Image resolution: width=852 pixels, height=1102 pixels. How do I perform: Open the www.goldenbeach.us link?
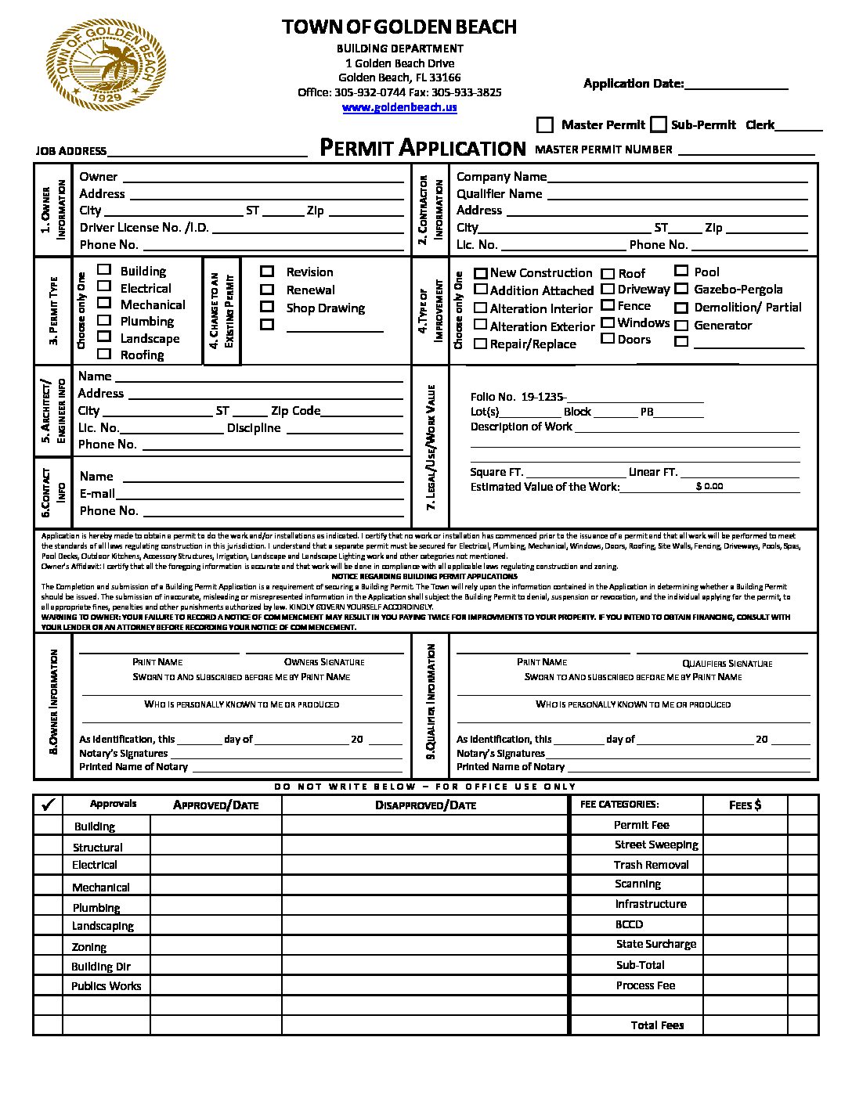coord(399,107)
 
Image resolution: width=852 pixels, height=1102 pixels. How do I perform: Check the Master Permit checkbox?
coord(545,125)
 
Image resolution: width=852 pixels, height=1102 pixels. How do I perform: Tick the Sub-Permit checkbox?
coord(659,124)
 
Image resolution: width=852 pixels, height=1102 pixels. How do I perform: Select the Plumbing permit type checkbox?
coord(104,320)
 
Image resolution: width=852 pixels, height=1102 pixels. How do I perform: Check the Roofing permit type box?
coord(104,354)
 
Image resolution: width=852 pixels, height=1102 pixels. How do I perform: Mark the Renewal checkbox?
coord(267,289)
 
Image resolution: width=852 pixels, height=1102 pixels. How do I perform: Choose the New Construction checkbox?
coord(481,272)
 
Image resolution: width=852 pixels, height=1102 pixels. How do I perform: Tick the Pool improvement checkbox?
coord(681,271)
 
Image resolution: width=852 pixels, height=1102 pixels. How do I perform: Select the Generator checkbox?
coord(681,325)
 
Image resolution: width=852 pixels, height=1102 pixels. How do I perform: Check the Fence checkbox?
coord(608,305)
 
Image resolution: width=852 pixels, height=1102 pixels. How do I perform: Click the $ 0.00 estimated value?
coord(709,486)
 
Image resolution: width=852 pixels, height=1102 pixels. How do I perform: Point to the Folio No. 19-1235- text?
coord(518,397)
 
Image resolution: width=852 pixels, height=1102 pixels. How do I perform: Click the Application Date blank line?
coord(736,85)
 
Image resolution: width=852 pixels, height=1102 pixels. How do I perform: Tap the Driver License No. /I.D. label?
coord(144,228)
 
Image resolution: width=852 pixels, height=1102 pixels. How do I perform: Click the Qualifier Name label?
coord(499,193)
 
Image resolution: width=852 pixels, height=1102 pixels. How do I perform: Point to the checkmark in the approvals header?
coord(48,804)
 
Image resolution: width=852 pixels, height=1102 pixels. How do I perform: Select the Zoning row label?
coord(89,947)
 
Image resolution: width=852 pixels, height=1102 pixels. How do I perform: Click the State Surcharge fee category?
coord(655,944)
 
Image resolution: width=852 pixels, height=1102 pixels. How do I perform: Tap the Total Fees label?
coord(657,1025)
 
